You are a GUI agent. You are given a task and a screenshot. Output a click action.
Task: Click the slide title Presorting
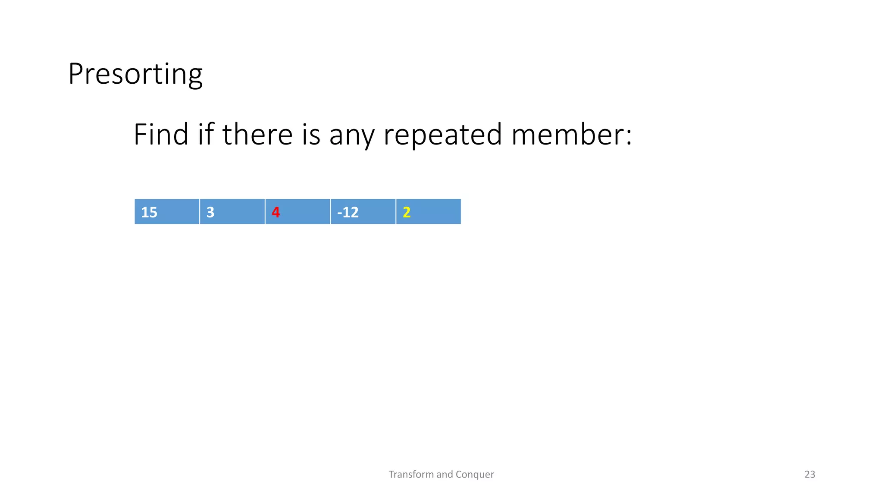click(135, 74)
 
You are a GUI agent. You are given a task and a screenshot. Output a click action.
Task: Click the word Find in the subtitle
click(160, 135)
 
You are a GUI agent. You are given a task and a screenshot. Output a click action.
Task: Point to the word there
click(257, 135)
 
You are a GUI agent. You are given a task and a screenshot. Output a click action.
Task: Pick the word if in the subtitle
click(206, 135)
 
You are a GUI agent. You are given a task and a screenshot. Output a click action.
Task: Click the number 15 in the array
click(149, 212)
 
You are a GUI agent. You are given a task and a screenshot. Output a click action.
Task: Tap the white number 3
click(210, 212)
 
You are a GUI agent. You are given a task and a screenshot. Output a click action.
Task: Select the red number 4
click(276, 212)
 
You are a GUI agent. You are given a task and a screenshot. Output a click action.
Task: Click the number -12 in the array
click(348, 212)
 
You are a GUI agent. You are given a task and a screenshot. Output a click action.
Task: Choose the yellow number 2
click(407, 212)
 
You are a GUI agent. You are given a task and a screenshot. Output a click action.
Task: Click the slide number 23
click(810, 474)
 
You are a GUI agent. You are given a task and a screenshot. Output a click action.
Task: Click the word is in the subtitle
click(311, 135)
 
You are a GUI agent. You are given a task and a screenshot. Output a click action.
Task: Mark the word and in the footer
click(445, 474)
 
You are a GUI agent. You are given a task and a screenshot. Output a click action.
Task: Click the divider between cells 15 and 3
click(200, 211)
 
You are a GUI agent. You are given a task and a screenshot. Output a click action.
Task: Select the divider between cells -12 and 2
click(396, 211)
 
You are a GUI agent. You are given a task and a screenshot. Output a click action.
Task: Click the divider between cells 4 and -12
click(330, 211)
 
